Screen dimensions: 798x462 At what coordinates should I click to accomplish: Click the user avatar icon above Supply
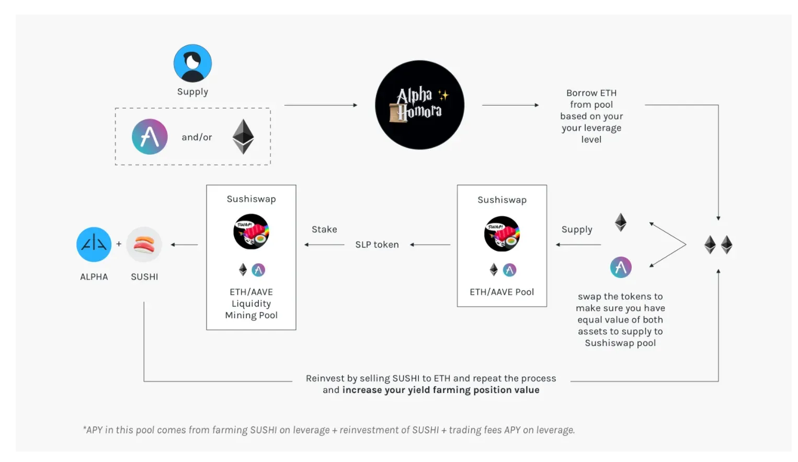[192, 63]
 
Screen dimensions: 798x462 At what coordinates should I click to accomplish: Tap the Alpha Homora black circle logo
[420, 105]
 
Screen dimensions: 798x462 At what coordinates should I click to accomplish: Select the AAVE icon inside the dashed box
[150, 137]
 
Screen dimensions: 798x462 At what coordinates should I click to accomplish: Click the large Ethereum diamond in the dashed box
[243, 137]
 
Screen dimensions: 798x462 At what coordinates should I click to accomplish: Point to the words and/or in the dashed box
[197, 137]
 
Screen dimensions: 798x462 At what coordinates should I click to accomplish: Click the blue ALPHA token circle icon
[94, 245]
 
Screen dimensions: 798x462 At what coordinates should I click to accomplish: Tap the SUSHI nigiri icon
[144, 245]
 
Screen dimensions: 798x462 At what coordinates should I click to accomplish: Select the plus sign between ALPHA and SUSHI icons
[119, 244]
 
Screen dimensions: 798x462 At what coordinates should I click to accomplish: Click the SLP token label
[377, 245]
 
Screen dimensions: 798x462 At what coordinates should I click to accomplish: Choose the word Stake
[324, 229]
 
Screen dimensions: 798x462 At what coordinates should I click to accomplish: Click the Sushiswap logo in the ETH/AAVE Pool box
[502, 234]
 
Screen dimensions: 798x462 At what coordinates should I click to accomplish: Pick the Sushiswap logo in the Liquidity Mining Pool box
[251, 232]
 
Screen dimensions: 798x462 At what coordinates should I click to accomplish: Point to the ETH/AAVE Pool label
[502, 292]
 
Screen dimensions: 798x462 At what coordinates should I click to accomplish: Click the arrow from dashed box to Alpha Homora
[321, 105]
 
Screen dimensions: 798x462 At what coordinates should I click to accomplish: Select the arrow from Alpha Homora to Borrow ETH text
[510, 105]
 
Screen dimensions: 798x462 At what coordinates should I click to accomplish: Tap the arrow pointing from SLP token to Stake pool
[324, 245]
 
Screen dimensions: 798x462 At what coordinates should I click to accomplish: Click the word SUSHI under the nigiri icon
[144, 276]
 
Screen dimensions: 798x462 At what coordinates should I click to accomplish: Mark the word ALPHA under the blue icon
[94, 276]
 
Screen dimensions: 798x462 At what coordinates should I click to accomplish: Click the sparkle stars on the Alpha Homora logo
[443, 95]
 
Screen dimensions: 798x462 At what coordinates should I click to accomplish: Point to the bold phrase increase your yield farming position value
[441, 390]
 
